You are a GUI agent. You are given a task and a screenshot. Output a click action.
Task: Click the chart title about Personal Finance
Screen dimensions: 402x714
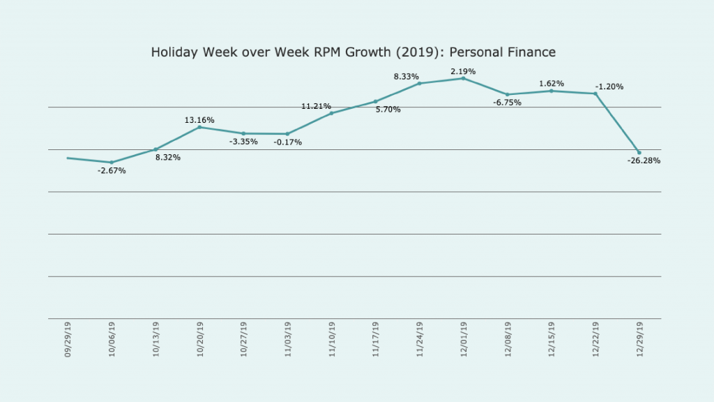pyautogui.click(x=354, y=52)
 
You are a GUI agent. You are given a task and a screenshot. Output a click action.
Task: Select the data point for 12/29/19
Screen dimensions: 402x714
pyautogui.click(x=639, y=152)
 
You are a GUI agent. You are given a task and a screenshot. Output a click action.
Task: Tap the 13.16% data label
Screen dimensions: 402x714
pyautogui.click(x=199, y=120)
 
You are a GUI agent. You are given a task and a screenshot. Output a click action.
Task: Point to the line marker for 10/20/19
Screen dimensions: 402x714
pyautogui.click(x=200, y=127)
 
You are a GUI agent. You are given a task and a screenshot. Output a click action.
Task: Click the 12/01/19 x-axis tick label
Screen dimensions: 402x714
pyautogui.click(x=464, y=340)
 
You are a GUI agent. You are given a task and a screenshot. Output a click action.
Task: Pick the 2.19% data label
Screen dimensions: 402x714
pyautogui.click(x=463, y=72)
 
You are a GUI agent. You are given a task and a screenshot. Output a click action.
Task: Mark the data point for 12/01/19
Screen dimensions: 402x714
pyautogui.click(x=464, y=78)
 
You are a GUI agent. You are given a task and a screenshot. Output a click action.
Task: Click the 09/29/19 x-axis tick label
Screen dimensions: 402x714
pyautogui.click(x=68, y=340)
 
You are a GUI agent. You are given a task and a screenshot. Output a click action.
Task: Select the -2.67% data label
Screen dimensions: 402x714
pyautogui.click(x=112, y=171)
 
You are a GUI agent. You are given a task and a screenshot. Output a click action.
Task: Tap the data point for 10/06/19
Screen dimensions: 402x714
pyautogui.click(x=112, y=163)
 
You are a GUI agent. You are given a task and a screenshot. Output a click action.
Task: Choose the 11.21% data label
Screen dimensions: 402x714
pyautogui.click(x=316, y=106)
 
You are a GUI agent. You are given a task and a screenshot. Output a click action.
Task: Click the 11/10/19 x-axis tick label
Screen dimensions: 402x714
pyautogui.click(x=332, y=340)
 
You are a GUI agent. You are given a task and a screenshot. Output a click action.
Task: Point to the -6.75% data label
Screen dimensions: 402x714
pyautogui.click(x=506, y=103)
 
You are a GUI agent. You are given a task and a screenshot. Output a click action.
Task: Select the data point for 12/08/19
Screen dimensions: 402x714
pyautogui.click(x=508, y=94)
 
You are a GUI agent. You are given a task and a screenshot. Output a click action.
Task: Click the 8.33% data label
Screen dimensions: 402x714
pyautogui.click(x=406, y=77)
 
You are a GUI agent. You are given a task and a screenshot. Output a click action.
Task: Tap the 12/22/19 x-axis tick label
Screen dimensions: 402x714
pyautogui.click(x=595, y=340)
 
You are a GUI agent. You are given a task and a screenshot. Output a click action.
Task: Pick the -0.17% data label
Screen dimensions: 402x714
pyautogui.click(x=287, y=142)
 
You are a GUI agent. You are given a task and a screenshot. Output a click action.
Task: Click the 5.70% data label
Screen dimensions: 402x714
pyautogui.click(x=388, y=110)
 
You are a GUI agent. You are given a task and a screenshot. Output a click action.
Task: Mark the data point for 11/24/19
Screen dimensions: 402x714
pyautogui.click(x=420, y=84)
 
